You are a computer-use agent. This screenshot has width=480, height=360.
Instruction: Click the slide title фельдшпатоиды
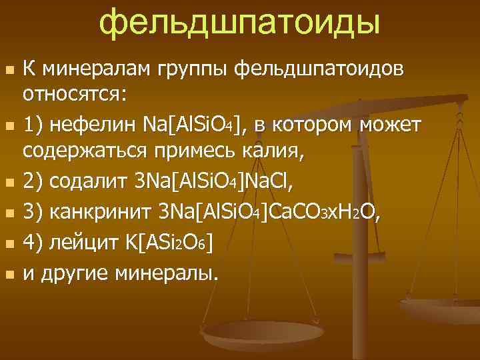pos(240,23)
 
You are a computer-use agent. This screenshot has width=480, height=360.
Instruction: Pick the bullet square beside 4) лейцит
pos(8,244)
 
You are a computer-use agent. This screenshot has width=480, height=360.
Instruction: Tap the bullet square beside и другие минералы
pos(8,273)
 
